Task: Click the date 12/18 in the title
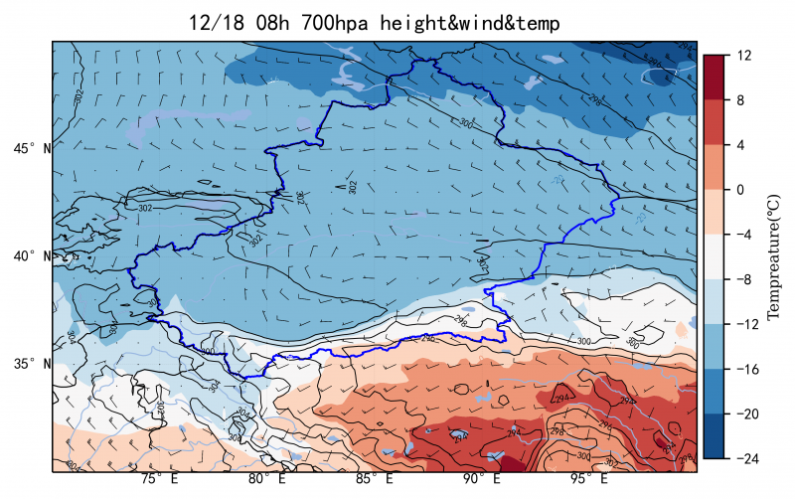click(x=217, y=23)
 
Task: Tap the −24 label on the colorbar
click(x=743, y=458)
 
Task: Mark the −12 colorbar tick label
click(x=743, y=324)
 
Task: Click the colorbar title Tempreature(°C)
click(x=775, y=256)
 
